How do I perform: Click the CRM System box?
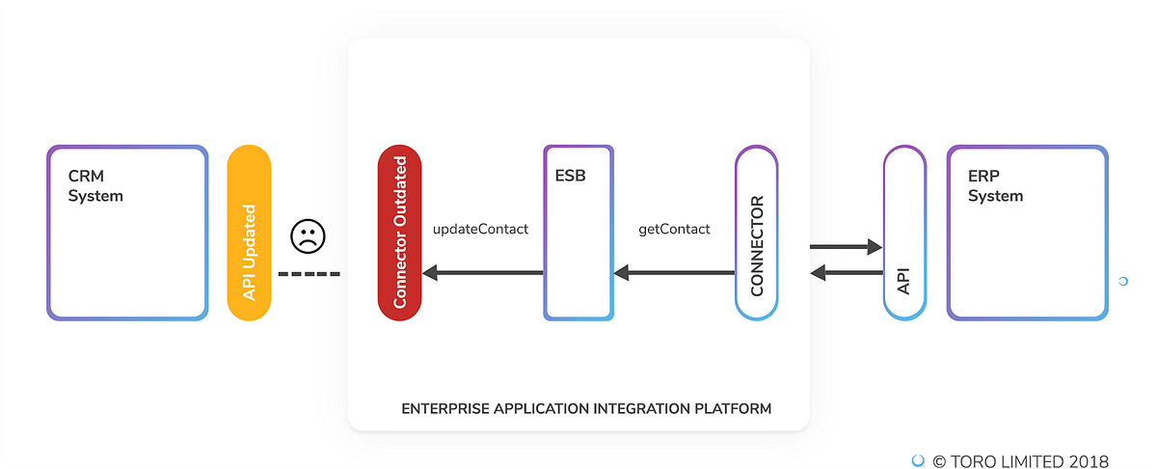127,233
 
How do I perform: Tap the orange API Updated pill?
249,233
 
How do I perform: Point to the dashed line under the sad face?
309,274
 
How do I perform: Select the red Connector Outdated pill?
400,233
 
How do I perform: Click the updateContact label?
480,230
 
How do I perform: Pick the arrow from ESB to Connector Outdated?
482,273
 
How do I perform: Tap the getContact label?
674,230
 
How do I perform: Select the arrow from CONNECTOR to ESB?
674,273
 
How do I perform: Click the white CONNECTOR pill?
756,233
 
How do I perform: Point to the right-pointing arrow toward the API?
846,247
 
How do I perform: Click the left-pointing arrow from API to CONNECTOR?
846,273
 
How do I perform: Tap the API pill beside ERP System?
904,233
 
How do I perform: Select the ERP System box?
1027,233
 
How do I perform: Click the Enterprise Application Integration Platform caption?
586,409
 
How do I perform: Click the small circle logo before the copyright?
918,461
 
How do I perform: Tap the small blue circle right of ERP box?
1122,281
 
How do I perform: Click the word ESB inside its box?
570,178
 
